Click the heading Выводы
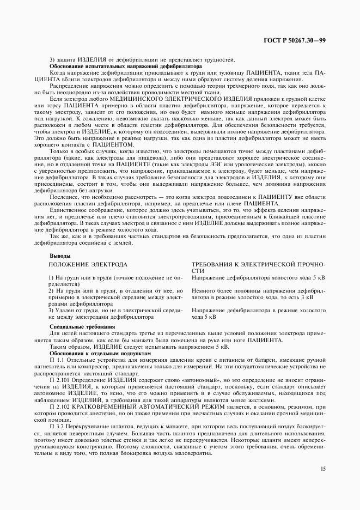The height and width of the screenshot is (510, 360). click(60, 256)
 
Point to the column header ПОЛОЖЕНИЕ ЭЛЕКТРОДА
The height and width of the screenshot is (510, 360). click(88, 264)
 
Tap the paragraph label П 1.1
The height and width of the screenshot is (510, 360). click(56, 361)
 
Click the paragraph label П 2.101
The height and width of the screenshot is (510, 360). click(58, 376)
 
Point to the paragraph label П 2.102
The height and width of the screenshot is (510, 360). click(58, 406)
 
